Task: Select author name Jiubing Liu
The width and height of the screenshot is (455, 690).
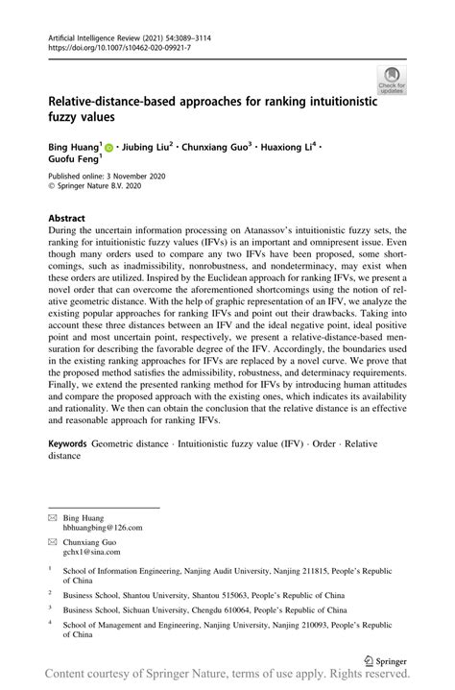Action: tap(145, 147)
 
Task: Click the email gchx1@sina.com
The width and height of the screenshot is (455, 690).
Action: tap(93, 553)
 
